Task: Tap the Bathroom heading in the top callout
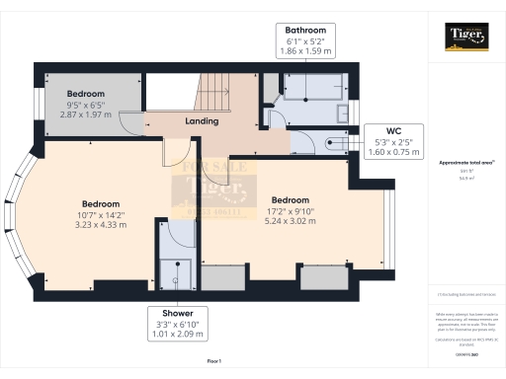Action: [x=305, y=31]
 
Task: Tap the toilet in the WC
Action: [x=337, y=144]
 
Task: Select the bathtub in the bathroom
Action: [x=309, y=91]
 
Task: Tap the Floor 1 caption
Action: [x=213, y=364]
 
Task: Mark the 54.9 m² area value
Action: [x=465, y=179]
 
